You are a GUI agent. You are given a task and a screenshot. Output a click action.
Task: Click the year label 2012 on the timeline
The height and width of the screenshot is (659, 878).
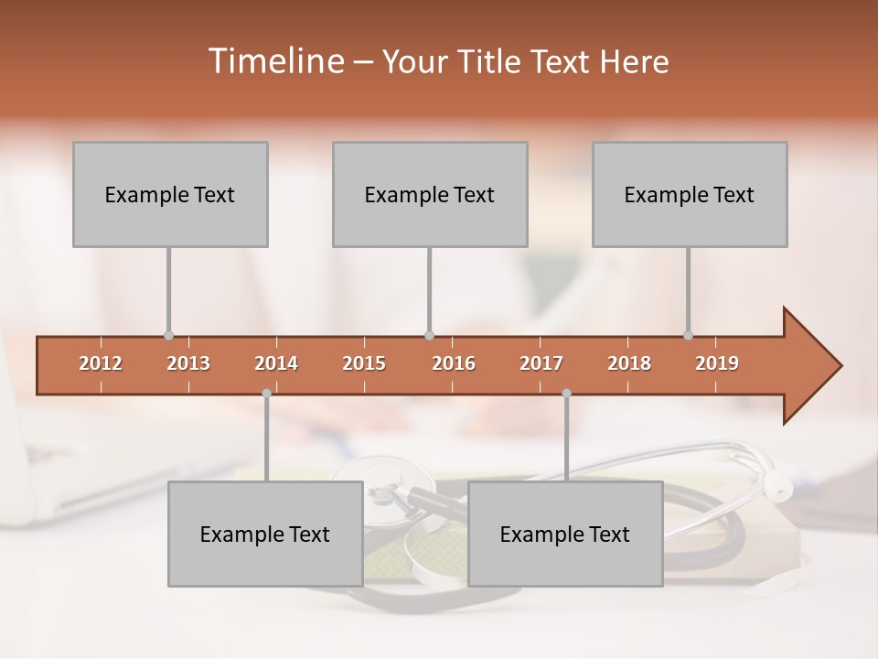click(101, 363)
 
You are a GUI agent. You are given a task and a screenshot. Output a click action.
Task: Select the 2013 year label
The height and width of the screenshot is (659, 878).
click(188, 363)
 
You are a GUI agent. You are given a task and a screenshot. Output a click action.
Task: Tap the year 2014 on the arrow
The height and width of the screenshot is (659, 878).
click(276, 363)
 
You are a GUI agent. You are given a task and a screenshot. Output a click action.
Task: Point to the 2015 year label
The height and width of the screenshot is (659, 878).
click(364, 363)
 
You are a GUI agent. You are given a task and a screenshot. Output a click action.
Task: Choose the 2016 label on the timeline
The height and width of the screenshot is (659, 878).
click(454, 363)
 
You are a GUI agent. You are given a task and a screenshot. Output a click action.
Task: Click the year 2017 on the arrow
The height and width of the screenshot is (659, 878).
click(541, 363)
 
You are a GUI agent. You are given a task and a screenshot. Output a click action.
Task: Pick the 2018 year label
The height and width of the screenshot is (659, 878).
click(629, 363)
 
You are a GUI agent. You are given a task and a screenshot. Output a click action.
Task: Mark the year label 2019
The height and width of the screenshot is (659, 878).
click(717, 363)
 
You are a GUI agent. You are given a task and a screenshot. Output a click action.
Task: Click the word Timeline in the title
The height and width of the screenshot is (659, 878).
click(273, 61)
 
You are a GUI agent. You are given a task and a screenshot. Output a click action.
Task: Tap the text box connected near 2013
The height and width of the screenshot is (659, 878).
click(170, 194)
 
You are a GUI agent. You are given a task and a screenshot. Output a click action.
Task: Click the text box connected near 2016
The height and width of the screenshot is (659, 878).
click(430, 194)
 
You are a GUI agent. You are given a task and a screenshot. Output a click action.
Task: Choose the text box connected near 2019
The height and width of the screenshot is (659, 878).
click(690, 194)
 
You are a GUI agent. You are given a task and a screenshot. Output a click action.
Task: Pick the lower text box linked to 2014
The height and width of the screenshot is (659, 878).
click(265, 534)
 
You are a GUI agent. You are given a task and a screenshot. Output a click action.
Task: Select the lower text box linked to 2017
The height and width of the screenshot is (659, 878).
click(565, 534)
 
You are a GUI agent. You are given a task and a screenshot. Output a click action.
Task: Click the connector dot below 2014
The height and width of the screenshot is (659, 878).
click(266, 393)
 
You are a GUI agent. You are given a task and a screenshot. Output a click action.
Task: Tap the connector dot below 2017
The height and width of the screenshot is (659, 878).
click(566, 393)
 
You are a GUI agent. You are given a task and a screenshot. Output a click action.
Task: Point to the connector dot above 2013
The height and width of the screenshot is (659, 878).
click(168, 335)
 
